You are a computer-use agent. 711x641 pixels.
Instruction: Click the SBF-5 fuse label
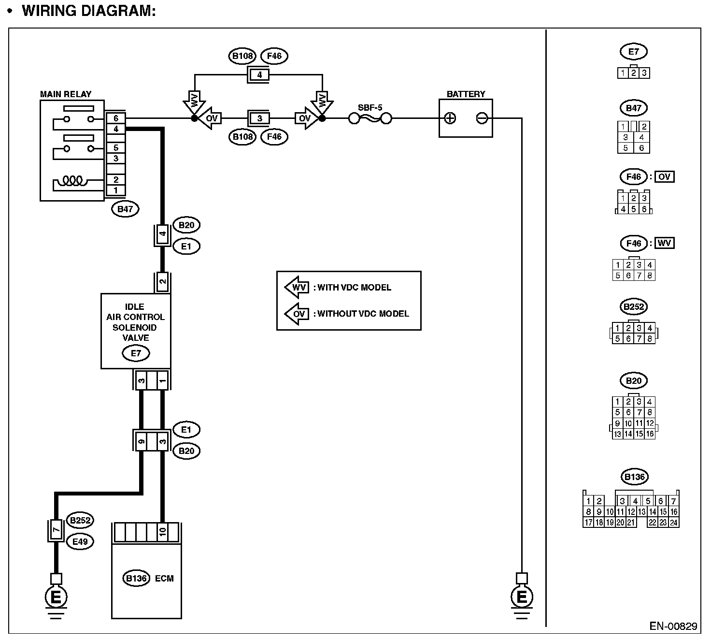click(370, 107)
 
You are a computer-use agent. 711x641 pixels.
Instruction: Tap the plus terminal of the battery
click(450, 118)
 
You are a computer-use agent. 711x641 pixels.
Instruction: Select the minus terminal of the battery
click(482, 118)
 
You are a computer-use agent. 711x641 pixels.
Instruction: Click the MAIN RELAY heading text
click(66, 94)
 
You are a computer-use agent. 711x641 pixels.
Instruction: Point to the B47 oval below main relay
click(125, 209)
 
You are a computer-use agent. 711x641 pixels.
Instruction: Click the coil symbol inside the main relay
click(72, 181)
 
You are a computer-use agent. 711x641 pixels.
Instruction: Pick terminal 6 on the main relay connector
click(116, 118)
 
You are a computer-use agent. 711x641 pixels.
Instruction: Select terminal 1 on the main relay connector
click(116, 190)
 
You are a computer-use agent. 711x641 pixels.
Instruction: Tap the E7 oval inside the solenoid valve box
click(136, 353)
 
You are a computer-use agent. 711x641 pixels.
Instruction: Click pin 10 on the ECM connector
click(162, 532)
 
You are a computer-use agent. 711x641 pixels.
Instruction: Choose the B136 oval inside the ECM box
click(137, 579)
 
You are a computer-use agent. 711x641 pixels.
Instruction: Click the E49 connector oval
click(80, 542)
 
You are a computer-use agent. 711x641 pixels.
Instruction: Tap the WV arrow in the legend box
click(297, 287)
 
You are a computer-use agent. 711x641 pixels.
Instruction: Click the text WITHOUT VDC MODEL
click(363, 314)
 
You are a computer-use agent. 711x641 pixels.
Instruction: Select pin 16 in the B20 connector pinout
click(650, 434)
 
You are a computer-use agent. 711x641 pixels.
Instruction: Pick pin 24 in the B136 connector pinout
click(674, 522)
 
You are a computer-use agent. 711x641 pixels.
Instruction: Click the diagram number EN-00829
click(673, 626)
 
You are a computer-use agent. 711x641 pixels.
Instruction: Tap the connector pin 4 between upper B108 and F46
click(259, 75)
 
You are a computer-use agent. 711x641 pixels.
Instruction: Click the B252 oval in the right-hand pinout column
click(634, 307)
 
